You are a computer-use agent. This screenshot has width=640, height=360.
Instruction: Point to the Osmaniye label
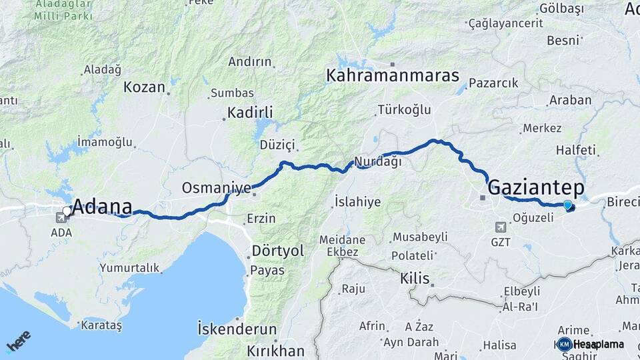207,188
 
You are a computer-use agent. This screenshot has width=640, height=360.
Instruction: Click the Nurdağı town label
378,161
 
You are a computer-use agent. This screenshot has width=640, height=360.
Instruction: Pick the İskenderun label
237,329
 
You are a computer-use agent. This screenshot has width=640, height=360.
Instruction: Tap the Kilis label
415,278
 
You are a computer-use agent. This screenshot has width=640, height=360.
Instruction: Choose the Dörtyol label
278,251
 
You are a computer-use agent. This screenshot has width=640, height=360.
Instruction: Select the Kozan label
144,87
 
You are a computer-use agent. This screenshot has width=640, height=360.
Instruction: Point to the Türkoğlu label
404,109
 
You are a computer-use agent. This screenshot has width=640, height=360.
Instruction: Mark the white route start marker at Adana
67,211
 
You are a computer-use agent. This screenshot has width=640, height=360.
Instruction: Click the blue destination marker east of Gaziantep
567,205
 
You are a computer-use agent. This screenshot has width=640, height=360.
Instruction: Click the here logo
18,342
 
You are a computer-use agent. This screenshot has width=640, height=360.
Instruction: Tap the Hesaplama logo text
598,345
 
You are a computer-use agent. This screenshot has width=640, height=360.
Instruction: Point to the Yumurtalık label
129,268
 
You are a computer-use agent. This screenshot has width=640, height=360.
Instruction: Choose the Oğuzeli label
534,217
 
